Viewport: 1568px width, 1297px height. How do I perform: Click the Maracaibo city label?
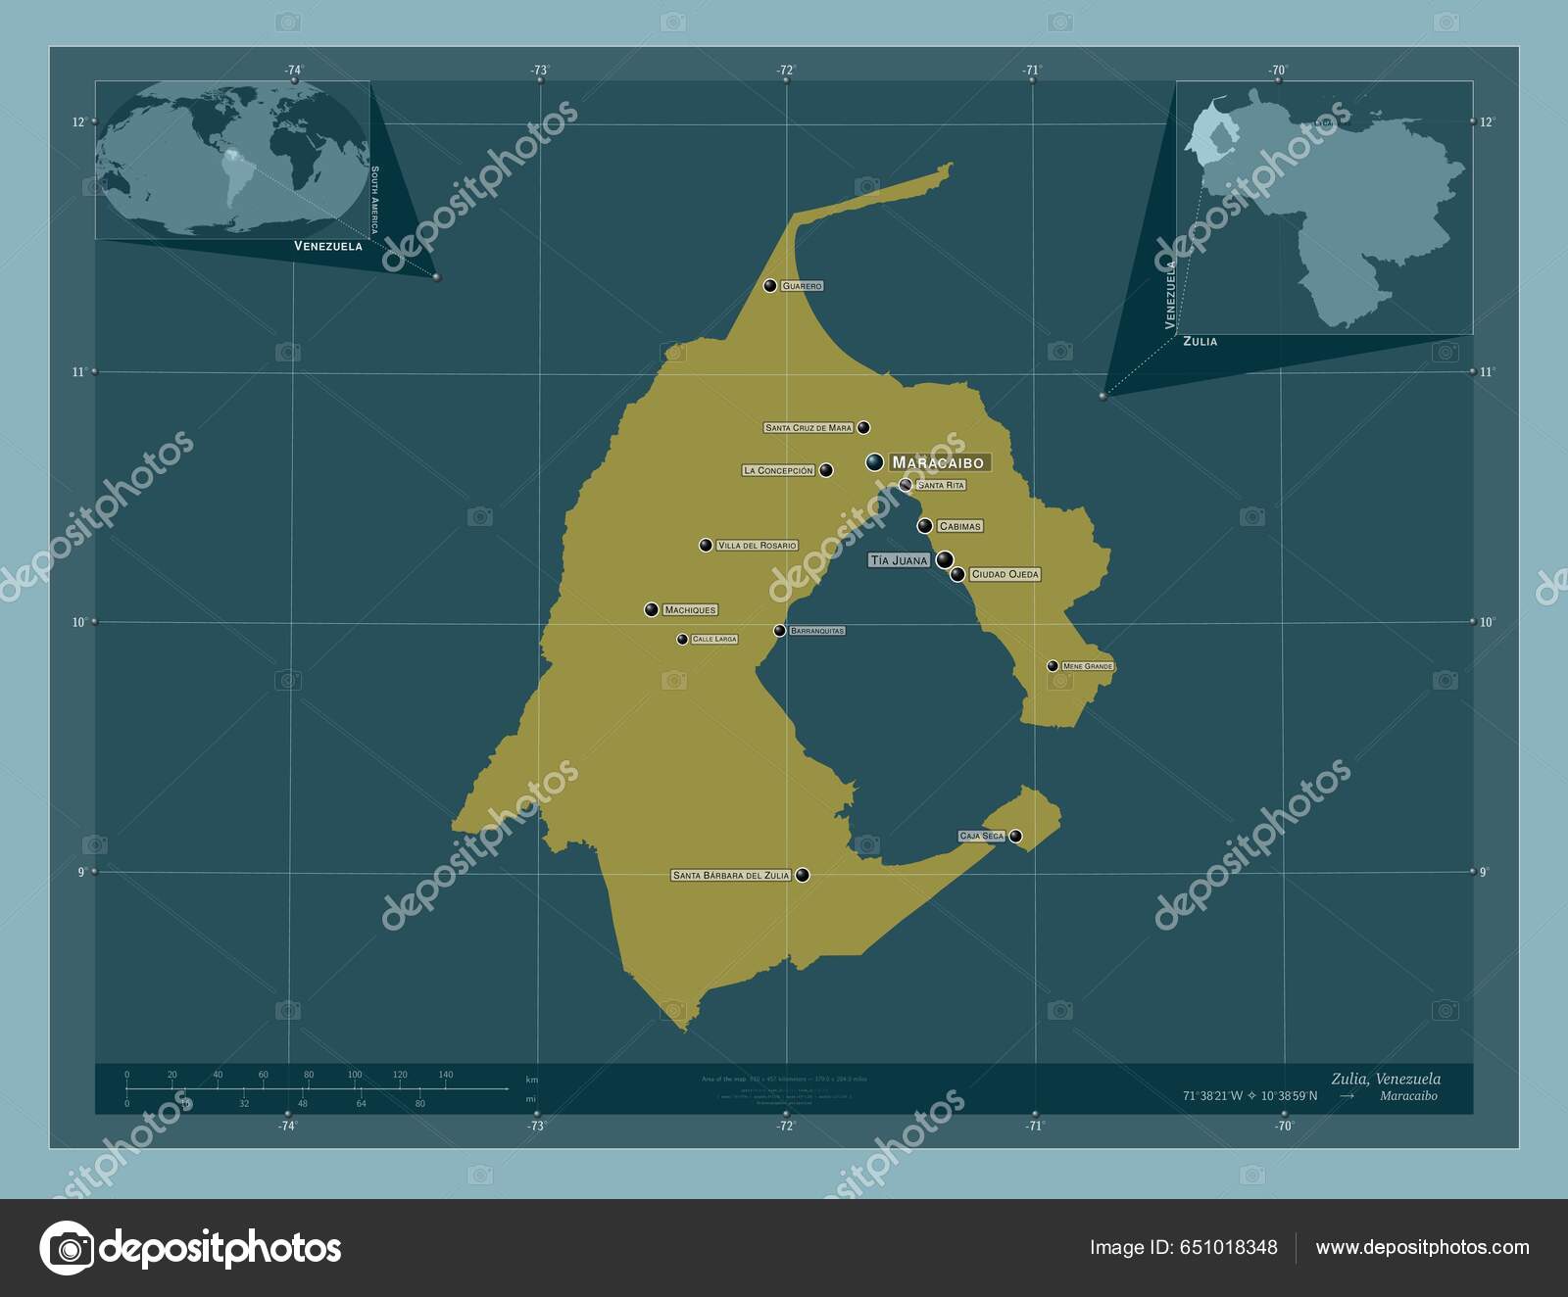pyautogui.click(x=938, y=462)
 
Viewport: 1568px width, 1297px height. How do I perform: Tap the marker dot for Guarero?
pyautogui.click(x=770, y=286)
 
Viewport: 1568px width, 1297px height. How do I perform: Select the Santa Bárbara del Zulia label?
pyautogui.click(x=731, y=876)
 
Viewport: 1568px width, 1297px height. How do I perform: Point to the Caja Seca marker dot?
pyautogui.click(x=1016, y=837)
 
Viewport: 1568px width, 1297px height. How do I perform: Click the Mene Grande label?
pyautogui.click(x=1088, y=667)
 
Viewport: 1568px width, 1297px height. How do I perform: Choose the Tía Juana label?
pyautogui.click(x=899, y=561)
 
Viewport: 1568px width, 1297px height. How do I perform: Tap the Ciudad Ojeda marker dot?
pyautogui.click(x=957, y=575)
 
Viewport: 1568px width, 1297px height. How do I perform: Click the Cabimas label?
pyautogui.click(x=959, y=527)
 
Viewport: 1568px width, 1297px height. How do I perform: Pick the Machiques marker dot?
pyautogui.click(x=652, y=610)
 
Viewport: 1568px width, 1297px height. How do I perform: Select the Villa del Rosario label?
pyautogui.click(x=757, y=546)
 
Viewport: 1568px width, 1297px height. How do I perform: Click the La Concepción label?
pyautogui.click(x=778, y=471)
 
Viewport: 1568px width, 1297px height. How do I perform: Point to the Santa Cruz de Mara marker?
pyautogui.click(x=863, y=428)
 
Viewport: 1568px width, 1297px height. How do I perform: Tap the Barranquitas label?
pyautogui.click(x=816, y=631)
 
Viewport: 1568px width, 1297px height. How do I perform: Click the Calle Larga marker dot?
pyautogui.click(x=682, y=640)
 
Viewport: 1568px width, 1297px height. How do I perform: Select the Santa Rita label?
pyautogui.click(x=941, y=486)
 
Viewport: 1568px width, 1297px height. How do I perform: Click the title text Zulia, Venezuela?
pyautogui.click(x=1386, y=1079)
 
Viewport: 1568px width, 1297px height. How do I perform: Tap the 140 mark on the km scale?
pyautogui.click(x=446, y=1075)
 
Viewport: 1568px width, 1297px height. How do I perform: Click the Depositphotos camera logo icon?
pyautogui.click(x=67, y=1248)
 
